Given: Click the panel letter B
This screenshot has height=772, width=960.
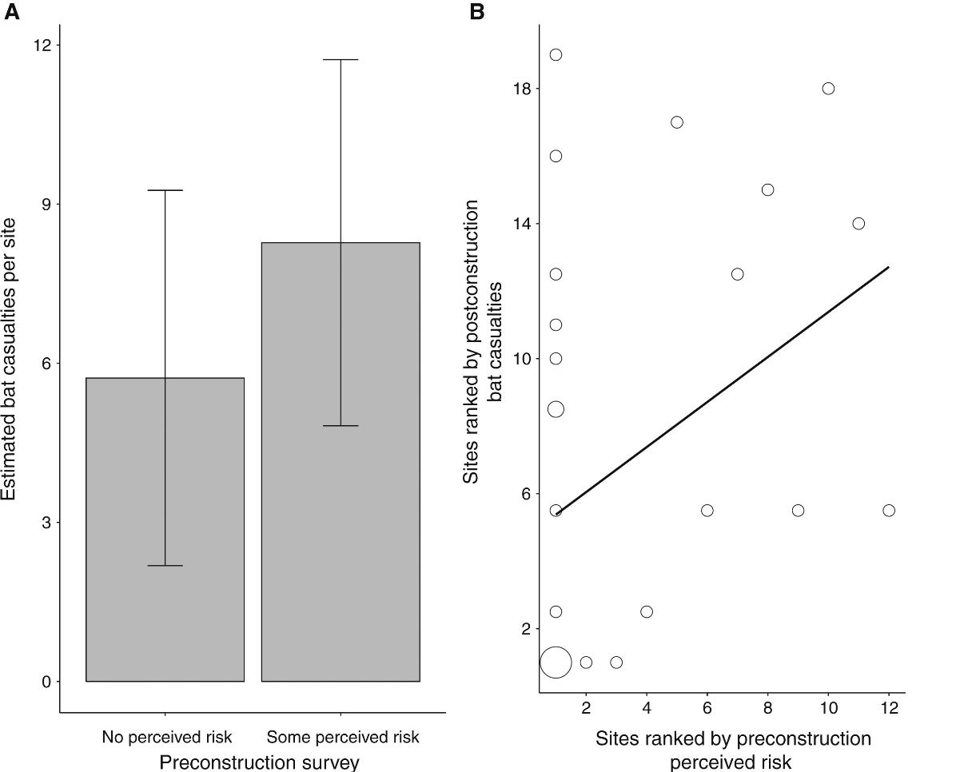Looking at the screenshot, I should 476,12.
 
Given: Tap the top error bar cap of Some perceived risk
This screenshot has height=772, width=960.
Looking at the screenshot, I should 341,60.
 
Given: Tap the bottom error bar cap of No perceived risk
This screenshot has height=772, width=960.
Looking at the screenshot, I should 165,566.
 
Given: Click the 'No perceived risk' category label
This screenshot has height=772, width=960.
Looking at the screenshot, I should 167,736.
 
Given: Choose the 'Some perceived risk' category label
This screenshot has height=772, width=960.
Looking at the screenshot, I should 342,736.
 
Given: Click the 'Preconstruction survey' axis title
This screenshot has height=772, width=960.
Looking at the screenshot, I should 259,762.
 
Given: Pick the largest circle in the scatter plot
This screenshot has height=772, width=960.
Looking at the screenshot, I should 556,662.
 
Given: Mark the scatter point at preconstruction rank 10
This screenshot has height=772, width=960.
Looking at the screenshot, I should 828,88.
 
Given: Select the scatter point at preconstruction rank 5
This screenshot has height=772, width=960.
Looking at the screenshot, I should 677,122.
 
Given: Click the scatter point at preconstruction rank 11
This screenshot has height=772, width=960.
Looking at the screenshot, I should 858,223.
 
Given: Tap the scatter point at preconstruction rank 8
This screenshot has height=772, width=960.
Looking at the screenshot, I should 767,189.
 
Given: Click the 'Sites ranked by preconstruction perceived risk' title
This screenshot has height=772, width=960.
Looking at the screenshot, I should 733,750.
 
